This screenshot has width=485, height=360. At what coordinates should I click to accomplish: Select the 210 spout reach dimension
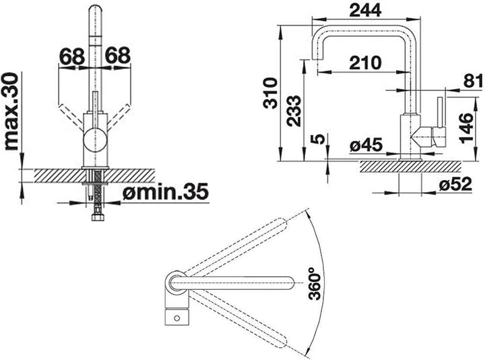coord(365,63)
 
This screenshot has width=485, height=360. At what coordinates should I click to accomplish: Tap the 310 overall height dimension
coord(270,93)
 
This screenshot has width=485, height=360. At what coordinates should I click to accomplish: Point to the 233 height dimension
coord(294,111)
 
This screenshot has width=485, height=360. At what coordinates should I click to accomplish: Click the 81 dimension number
coord(473,81)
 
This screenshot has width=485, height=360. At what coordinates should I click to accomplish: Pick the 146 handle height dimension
coord(466,128)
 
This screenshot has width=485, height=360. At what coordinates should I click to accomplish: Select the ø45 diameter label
coord(366,145)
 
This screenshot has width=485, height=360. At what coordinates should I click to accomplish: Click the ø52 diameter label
coord(455,185)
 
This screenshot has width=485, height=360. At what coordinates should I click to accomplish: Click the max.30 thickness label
coord(11,111)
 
